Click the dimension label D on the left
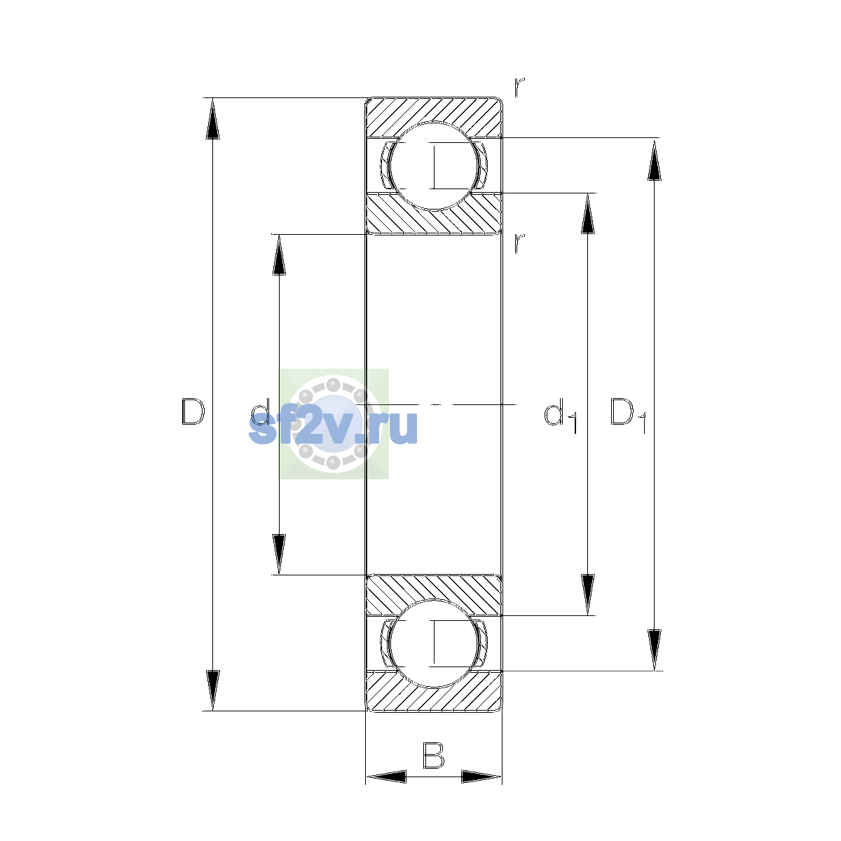pos(193,411)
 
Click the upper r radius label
pos(519,87)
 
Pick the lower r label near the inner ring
pos(519,243)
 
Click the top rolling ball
pos(433,166)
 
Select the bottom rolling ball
pos(433,643)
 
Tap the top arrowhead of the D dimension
pos(212,118)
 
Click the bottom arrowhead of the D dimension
pos(212,690)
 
